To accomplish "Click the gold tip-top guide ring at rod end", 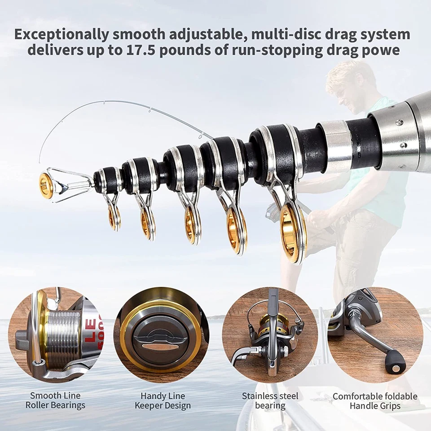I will (46, 185).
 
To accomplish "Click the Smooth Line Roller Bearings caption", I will (55, 400).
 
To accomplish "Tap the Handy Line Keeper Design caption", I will (163, 400).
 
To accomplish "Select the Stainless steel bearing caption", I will (270, 400).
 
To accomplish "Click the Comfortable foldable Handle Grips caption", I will (375, 400).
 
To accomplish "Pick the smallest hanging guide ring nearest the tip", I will (114, 217).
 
